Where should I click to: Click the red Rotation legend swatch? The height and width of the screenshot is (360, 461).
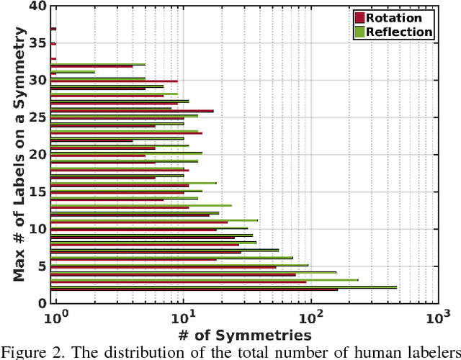click(x=359, y=17)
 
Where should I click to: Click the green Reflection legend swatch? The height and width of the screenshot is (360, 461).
click(x=359, y=32)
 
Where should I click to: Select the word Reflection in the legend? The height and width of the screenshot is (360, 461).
click(x=400, y=32)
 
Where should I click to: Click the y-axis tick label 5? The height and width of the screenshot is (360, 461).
click(x=42, y=266)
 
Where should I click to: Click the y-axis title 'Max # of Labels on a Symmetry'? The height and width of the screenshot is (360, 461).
click(x=21, y=154)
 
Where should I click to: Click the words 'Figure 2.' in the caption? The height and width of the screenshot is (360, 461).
click(x=26, y=352)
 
